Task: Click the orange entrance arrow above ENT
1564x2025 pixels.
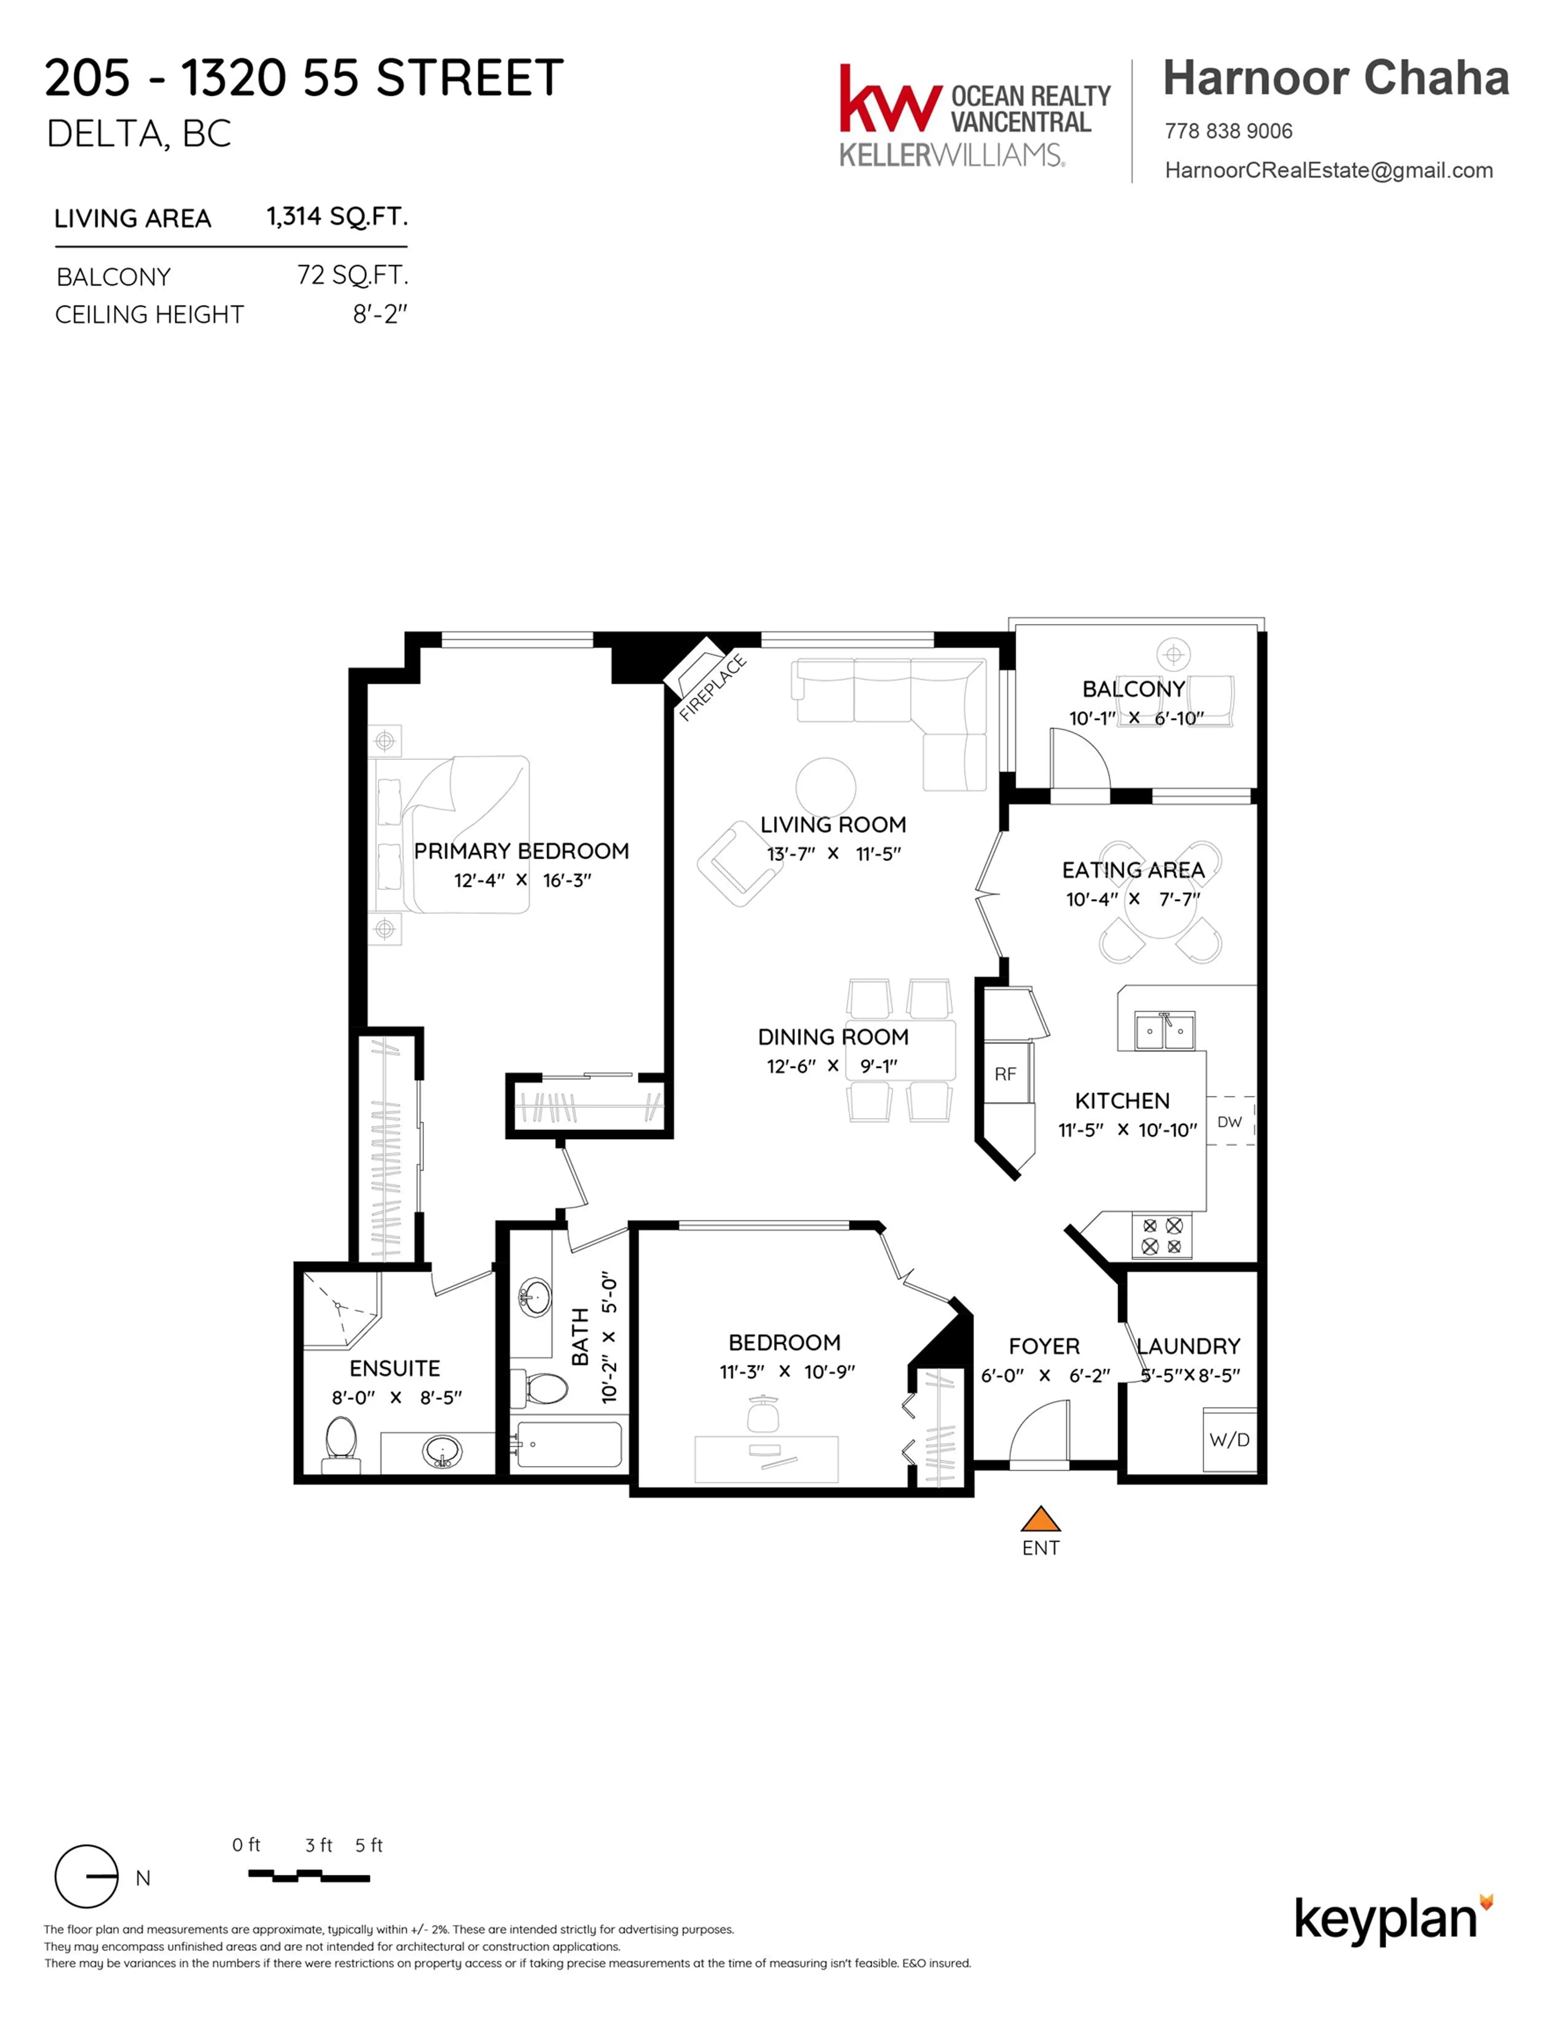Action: pyautogui.click(x=1040, y=1519)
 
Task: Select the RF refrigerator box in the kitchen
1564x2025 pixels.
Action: pyautogui.click(x=1006, y=1074)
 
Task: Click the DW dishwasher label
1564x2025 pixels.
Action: pyautogui.click(x=1229, y=1122)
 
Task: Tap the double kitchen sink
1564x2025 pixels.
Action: pyautogui.click(x=1164, y=1030)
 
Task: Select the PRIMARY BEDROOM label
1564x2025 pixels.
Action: pyautogui.click(x=521, y=851)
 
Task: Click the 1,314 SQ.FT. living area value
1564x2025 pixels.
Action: pyautogui.click(x=336, y=217)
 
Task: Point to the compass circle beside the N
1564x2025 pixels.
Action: pyautogui.click(x=86, y=1876)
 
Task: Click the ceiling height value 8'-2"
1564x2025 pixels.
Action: pyautogui.click(x=379, y=314)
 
